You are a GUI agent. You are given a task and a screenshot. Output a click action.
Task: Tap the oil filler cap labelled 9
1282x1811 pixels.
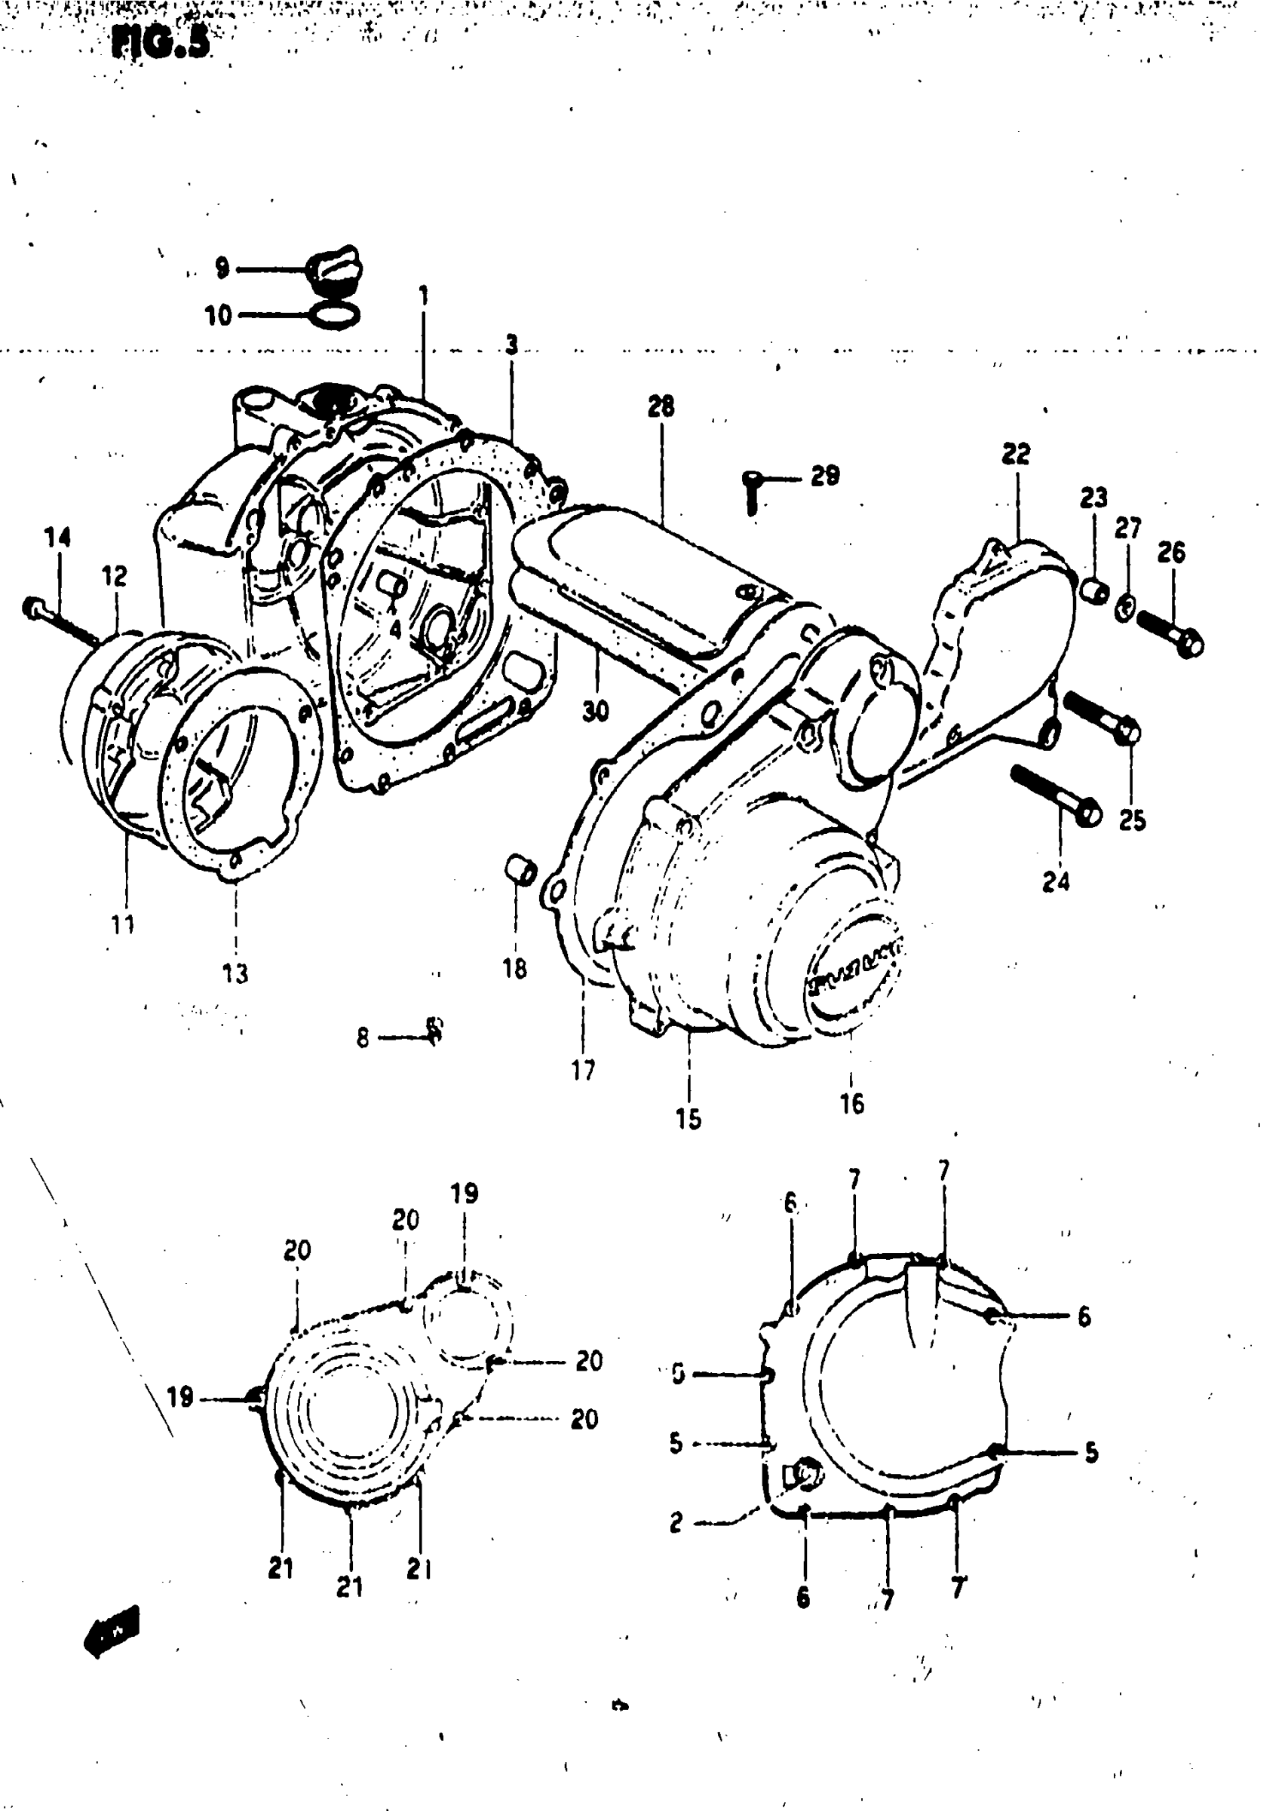coord(335,270)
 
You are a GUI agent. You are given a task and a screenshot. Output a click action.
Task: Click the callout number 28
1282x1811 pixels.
coord(661,406)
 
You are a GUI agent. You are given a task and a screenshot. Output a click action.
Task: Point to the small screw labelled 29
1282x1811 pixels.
coord(752,489)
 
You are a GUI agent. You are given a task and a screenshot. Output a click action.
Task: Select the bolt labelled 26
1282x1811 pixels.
coord(1170,631)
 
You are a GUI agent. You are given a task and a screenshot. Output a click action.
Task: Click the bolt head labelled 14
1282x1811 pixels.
coord(33,608)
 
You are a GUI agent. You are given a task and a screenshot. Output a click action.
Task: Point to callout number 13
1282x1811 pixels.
coord(235,974)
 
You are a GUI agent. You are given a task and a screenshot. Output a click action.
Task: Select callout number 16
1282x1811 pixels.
coord(851,1104)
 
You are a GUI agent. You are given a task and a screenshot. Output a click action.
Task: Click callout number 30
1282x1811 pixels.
coord(596,711)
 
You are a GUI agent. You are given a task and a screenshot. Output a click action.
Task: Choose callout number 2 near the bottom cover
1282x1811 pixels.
coord(676,1522)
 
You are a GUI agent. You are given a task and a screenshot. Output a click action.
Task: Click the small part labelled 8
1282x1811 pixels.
coord(434,1029)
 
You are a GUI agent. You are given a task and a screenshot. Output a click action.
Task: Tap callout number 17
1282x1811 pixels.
coord(584,1070)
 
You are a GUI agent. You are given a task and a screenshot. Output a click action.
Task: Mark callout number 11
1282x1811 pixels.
coord(123,924)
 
